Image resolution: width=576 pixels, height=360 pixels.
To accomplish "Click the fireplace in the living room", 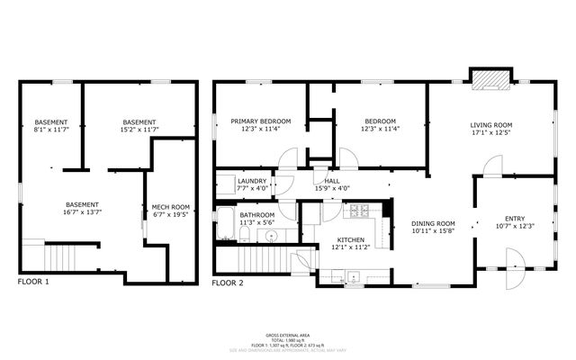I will (490, 80).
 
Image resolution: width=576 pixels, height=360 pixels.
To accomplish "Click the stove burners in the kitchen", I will (361, 211).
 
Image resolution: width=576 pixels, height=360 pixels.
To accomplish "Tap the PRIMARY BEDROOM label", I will (260, 121).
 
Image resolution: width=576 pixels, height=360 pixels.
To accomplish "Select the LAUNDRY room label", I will (252, 181).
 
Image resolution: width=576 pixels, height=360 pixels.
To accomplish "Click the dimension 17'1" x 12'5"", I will (490, 133).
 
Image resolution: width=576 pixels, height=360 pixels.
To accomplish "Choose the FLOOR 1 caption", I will (34, 282).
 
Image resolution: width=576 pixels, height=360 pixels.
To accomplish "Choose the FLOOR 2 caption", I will (228, 282).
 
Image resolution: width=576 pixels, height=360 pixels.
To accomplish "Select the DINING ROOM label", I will (434, 223).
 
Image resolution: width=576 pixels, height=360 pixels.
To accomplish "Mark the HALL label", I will (332, 181).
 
